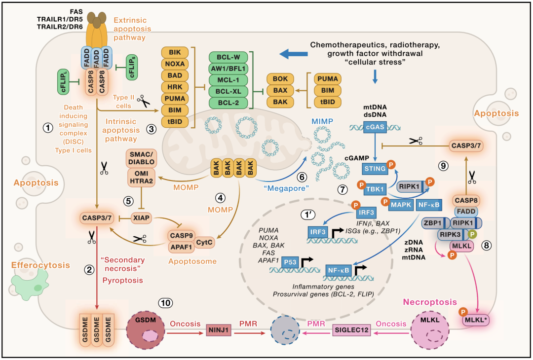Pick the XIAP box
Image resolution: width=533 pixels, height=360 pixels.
point(142,216)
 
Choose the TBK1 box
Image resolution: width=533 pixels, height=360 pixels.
point(376,190)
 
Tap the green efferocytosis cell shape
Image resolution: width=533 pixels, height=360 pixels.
point(31,284)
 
